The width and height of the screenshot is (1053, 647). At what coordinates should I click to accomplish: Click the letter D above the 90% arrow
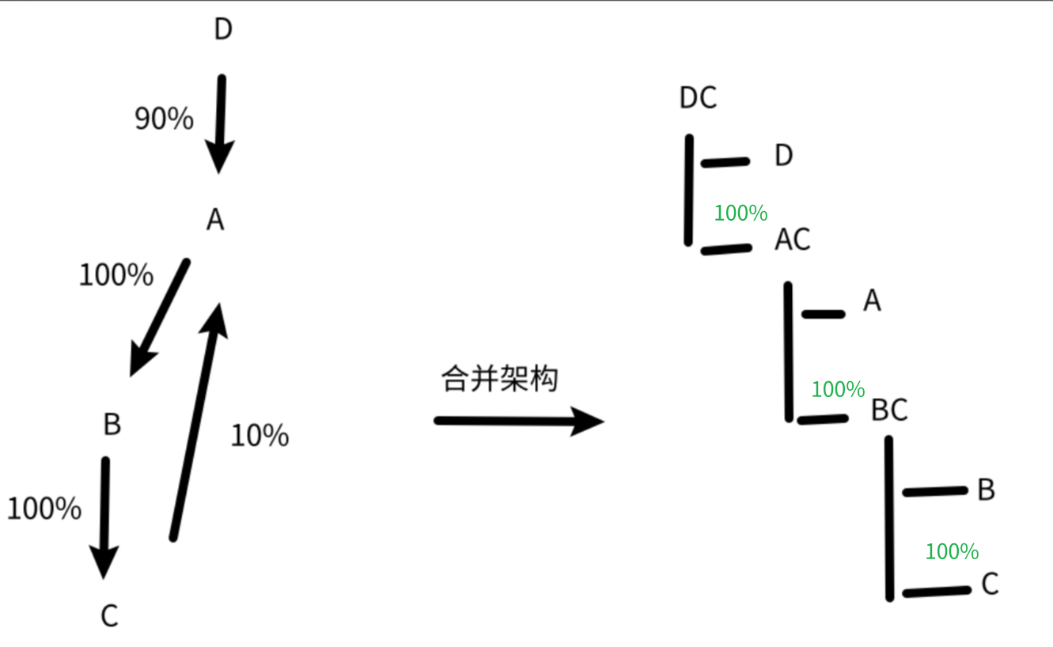[223, 30]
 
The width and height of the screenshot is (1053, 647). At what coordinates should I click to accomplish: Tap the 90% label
[164, 119]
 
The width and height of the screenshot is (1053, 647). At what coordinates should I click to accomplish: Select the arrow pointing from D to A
[220, 123]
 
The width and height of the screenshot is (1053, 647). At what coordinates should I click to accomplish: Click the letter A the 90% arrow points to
[215, 220]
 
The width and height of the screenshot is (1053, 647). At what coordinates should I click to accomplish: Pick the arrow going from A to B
[160, 316]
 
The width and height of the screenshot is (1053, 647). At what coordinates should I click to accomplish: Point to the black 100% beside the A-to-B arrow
[116, 275]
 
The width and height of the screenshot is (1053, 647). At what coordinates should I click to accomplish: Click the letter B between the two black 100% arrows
[112, 425]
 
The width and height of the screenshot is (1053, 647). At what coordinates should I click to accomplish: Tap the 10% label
[259, 436]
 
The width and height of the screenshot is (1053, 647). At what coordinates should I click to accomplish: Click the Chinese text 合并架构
[499, 379]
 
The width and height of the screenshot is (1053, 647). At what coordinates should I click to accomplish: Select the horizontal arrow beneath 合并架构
[518, 421]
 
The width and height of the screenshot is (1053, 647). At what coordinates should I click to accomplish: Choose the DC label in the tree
[698, 98]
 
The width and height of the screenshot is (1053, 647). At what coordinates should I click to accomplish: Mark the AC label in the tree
[793, 240]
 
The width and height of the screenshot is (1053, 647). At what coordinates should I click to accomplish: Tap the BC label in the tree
[889, 411]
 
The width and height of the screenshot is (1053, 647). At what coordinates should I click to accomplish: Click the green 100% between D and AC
[741, 214]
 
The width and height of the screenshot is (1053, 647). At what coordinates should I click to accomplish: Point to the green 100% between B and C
[952, 552]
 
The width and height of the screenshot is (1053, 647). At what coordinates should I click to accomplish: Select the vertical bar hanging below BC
[889, 518]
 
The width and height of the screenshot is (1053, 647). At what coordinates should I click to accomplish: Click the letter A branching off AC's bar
[872, 301]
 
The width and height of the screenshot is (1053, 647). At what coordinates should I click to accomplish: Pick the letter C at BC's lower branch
[990, 585]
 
